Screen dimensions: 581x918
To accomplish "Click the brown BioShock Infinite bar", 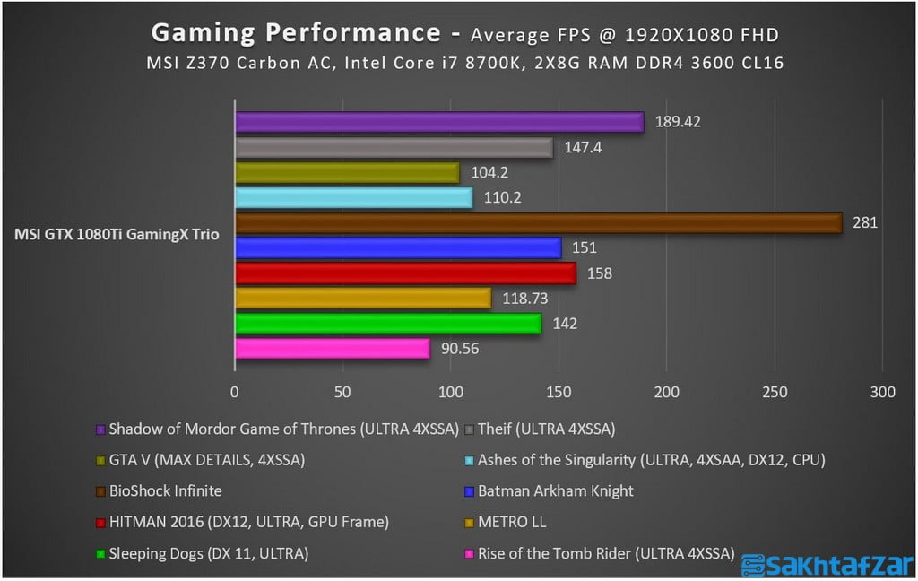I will point(538,223).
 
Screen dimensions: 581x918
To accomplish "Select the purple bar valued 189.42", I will point(439,122).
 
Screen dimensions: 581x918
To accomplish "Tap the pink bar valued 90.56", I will point(332,349).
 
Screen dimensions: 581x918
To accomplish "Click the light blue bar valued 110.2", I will point(353,198).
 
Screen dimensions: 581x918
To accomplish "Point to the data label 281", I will point(865,223).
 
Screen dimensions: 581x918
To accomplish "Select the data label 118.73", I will point(524,299).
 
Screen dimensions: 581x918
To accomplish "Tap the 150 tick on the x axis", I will point(559,393).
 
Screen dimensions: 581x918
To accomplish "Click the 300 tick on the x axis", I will point(883,393).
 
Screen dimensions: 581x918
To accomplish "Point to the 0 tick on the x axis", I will point(235,393).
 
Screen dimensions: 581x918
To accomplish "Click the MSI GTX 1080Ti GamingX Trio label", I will point(117,235).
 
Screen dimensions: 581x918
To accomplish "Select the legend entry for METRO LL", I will point(511,522).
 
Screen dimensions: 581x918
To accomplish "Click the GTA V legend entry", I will point(206,460).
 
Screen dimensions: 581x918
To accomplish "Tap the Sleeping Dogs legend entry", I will point(208,553).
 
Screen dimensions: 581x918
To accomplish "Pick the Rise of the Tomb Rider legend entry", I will point(605,553).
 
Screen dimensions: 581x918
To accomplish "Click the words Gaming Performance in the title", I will point(295,32).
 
